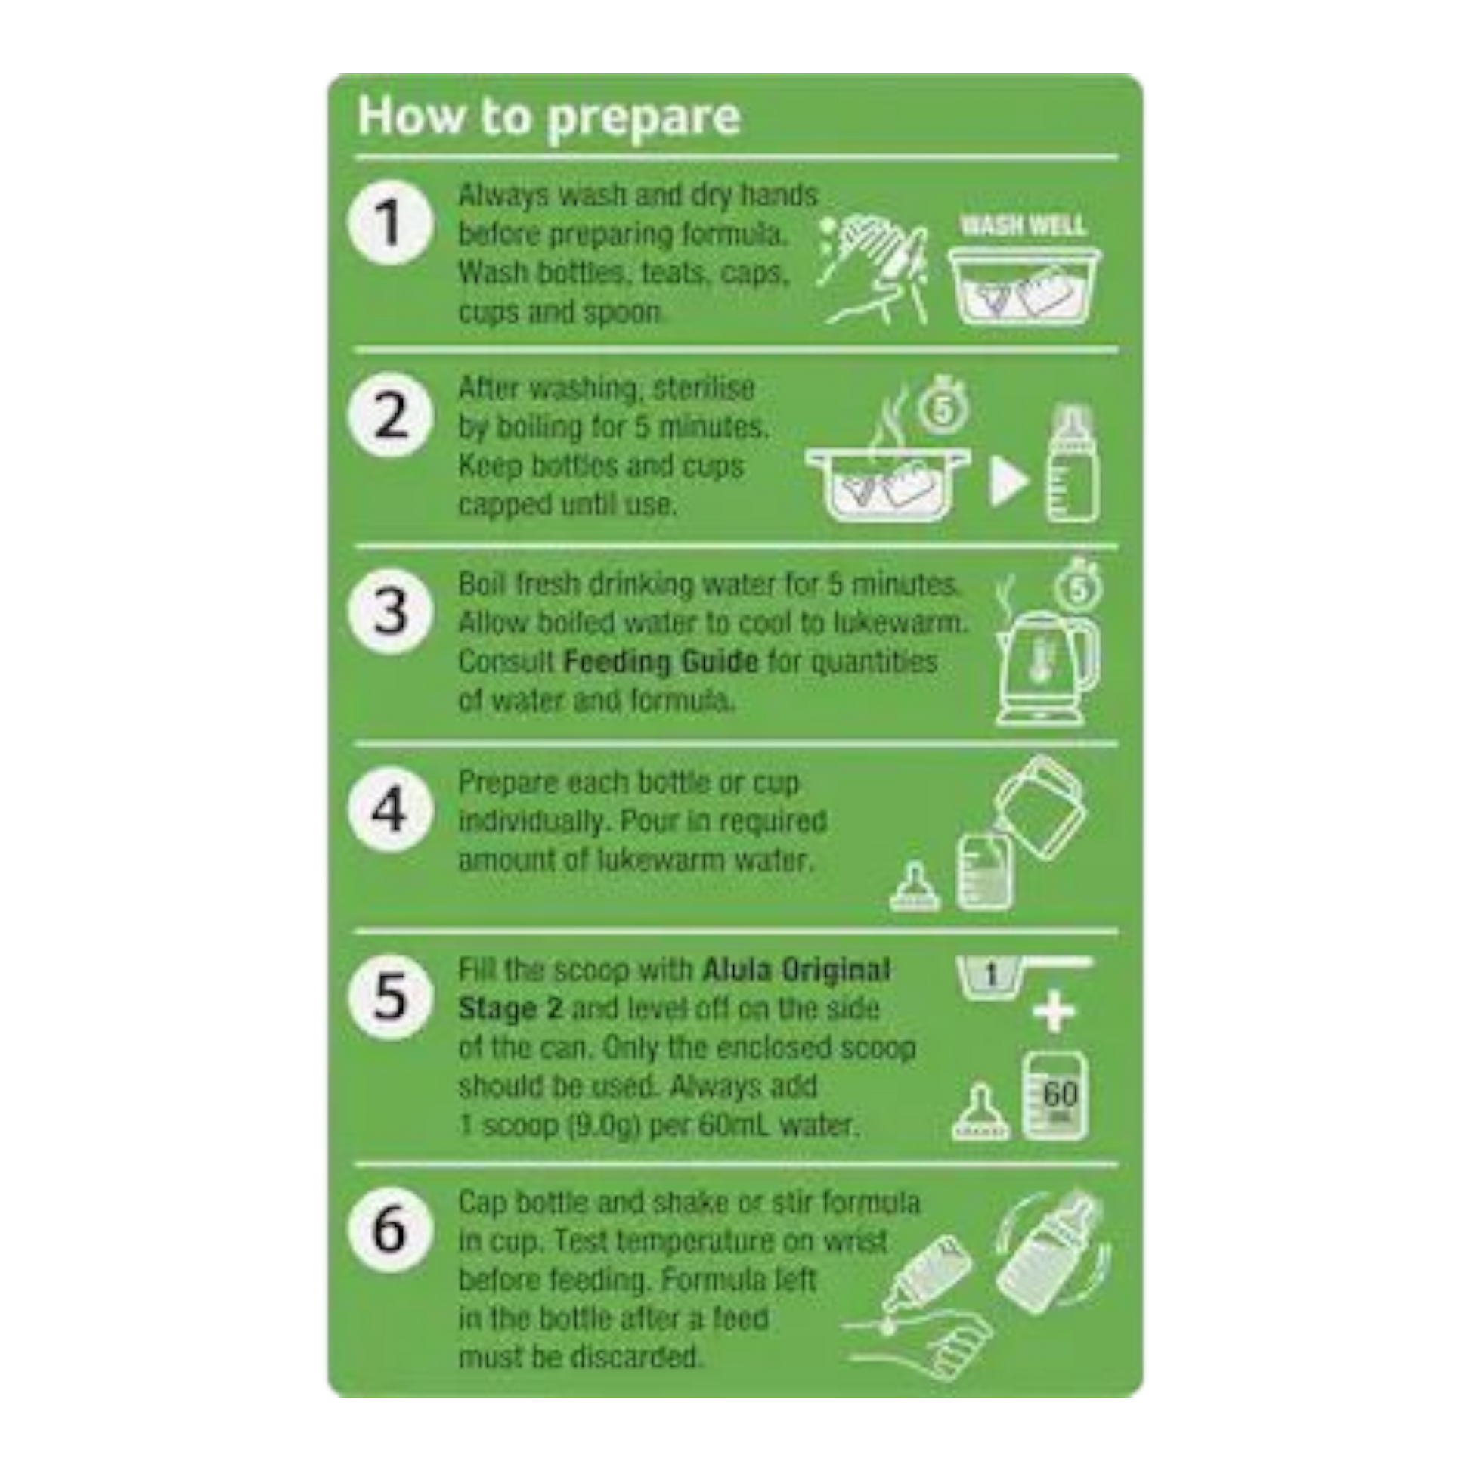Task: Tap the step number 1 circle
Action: pyautogui.click(x=391, y=223)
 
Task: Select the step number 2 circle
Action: pyautogui.click(x=391, y=415)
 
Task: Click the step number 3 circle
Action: pyautogui.click(x=391, y=612)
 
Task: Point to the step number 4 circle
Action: pyautogui.click(x=391, y=809)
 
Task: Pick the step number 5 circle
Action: pyautogui.click(x=391, y=996)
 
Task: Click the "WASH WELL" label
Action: pyautogui.click(x=1023, y=225)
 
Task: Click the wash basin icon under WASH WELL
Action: pyautogui.click(x=1024, y=286)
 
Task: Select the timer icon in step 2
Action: pyautogui.click(x=943, y=406)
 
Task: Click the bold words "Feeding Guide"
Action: pyautogui.click(x=661, y=661)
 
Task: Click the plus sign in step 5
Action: pyautogui.click(x=1054, y=1014)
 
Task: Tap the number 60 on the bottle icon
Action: pyautogui.click(x=1060, y=1094)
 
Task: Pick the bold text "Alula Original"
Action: pyautogui.click(x=797, y=971)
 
